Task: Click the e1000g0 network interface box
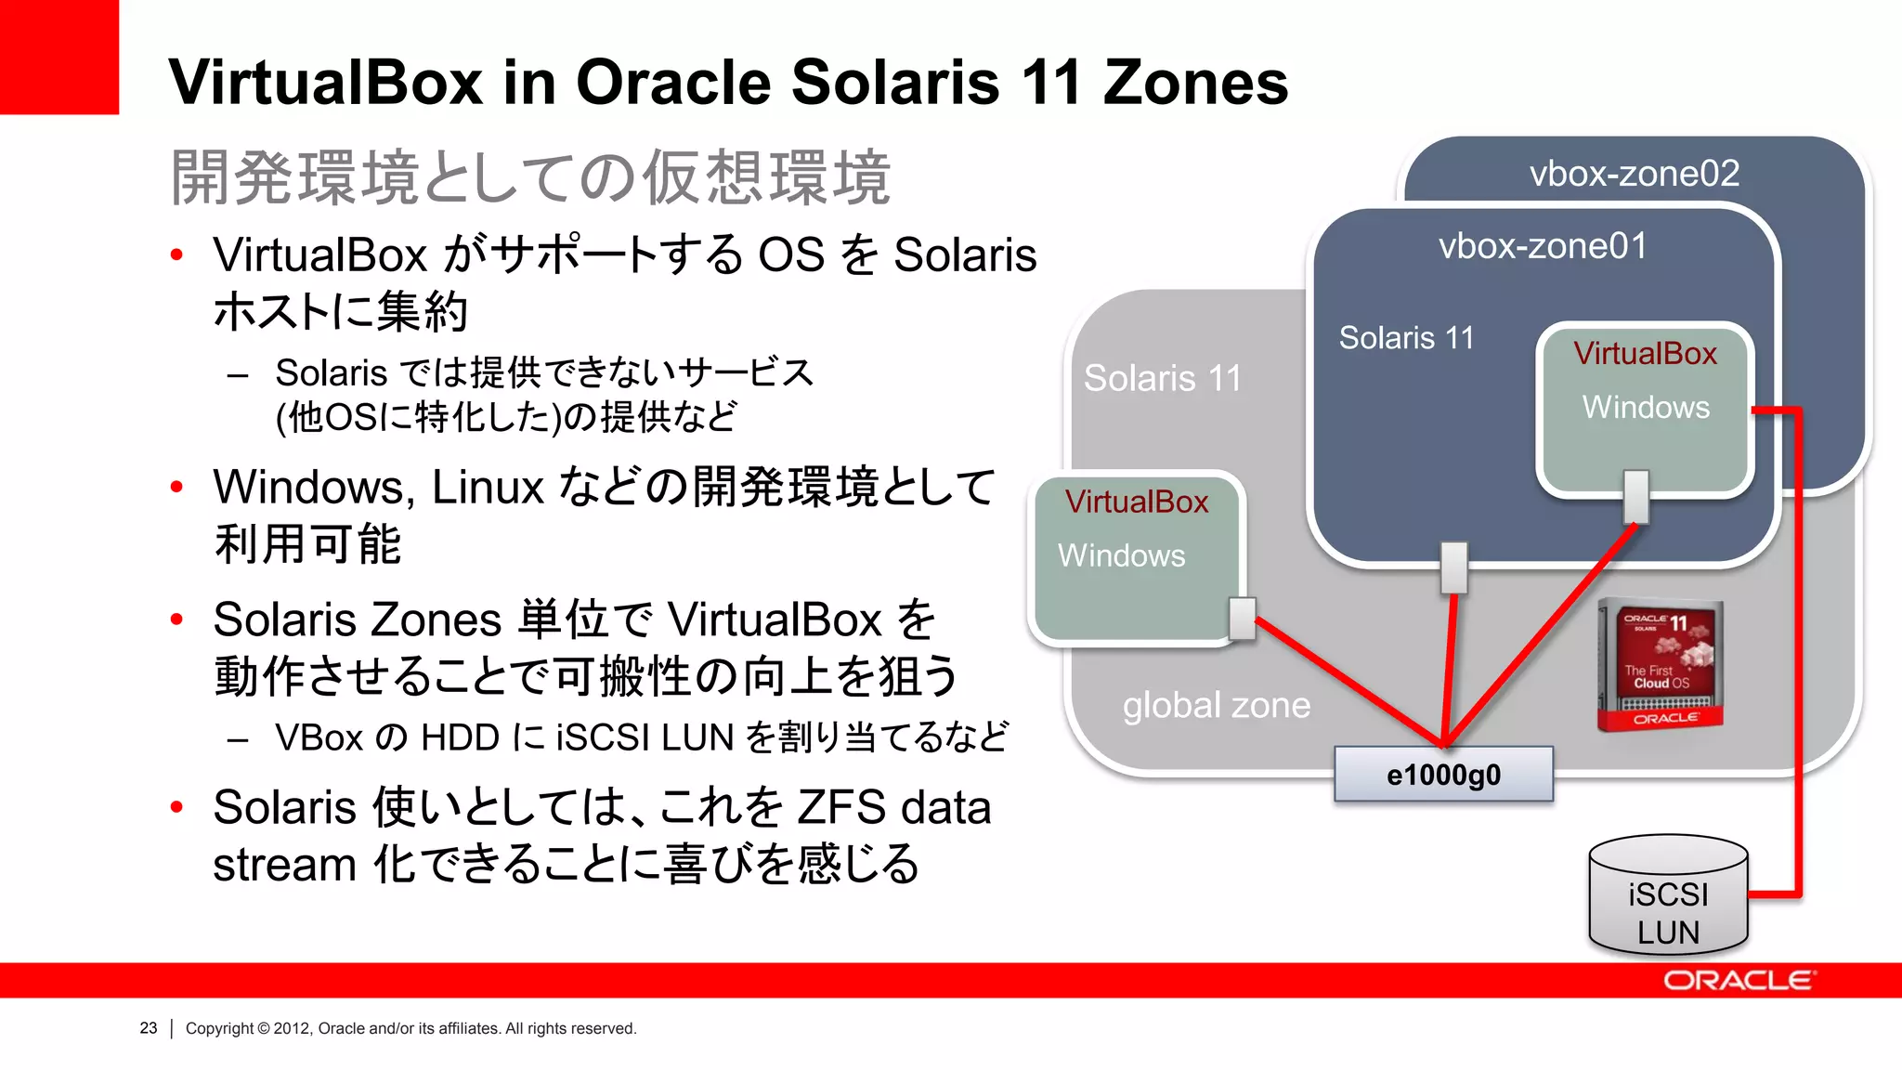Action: point(1443,774)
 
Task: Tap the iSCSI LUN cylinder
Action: point(1668,896)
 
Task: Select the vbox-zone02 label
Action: point(1634,174)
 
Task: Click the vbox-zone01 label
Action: point(1543,246)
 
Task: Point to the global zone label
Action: point(1216,705)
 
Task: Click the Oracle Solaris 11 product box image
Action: point(1661,665)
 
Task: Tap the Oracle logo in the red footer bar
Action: point(1738,981)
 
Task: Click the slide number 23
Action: point(149,1028)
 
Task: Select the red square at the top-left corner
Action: point(59,56)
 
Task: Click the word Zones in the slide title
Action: point(1195,83)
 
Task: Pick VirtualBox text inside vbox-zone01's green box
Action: point(1645,354)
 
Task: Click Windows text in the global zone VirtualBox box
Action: point(1121,555)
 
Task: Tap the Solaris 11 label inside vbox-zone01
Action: point(1406,338)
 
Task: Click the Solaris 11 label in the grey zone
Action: point(1162,379)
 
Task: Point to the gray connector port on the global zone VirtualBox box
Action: point(1242,619)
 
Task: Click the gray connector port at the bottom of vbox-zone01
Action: point(1453,567)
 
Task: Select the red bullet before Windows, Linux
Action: point(176,487)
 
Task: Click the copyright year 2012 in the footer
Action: point(292,1028)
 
